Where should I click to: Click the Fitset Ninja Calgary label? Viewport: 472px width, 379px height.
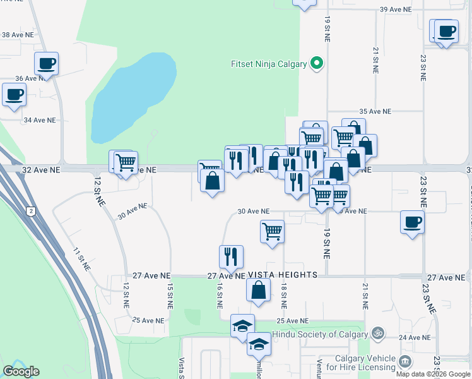coord(268,64)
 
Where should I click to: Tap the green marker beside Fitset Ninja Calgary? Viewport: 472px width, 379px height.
coord(318,63)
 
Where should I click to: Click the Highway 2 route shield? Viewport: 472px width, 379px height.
coord(30,210)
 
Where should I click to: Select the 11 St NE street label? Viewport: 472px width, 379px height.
coord(81,259)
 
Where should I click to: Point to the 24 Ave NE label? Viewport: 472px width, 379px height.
coord(414,338)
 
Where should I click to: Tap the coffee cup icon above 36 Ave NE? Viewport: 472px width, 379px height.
coord(46,63)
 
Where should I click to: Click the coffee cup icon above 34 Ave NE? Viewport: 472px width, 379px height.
coord(14,95)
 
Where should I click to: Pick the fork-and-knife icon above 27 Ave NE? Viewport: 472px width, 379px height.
coord(231,255)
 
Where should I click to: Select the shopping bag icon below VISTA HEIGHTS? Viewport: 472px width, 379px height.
coord(259,290)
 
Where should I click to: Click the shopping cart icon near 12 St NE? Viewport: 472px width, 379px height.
coord(126,162)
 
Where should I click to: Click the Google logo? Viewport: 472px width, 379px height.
coord(21,371)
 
